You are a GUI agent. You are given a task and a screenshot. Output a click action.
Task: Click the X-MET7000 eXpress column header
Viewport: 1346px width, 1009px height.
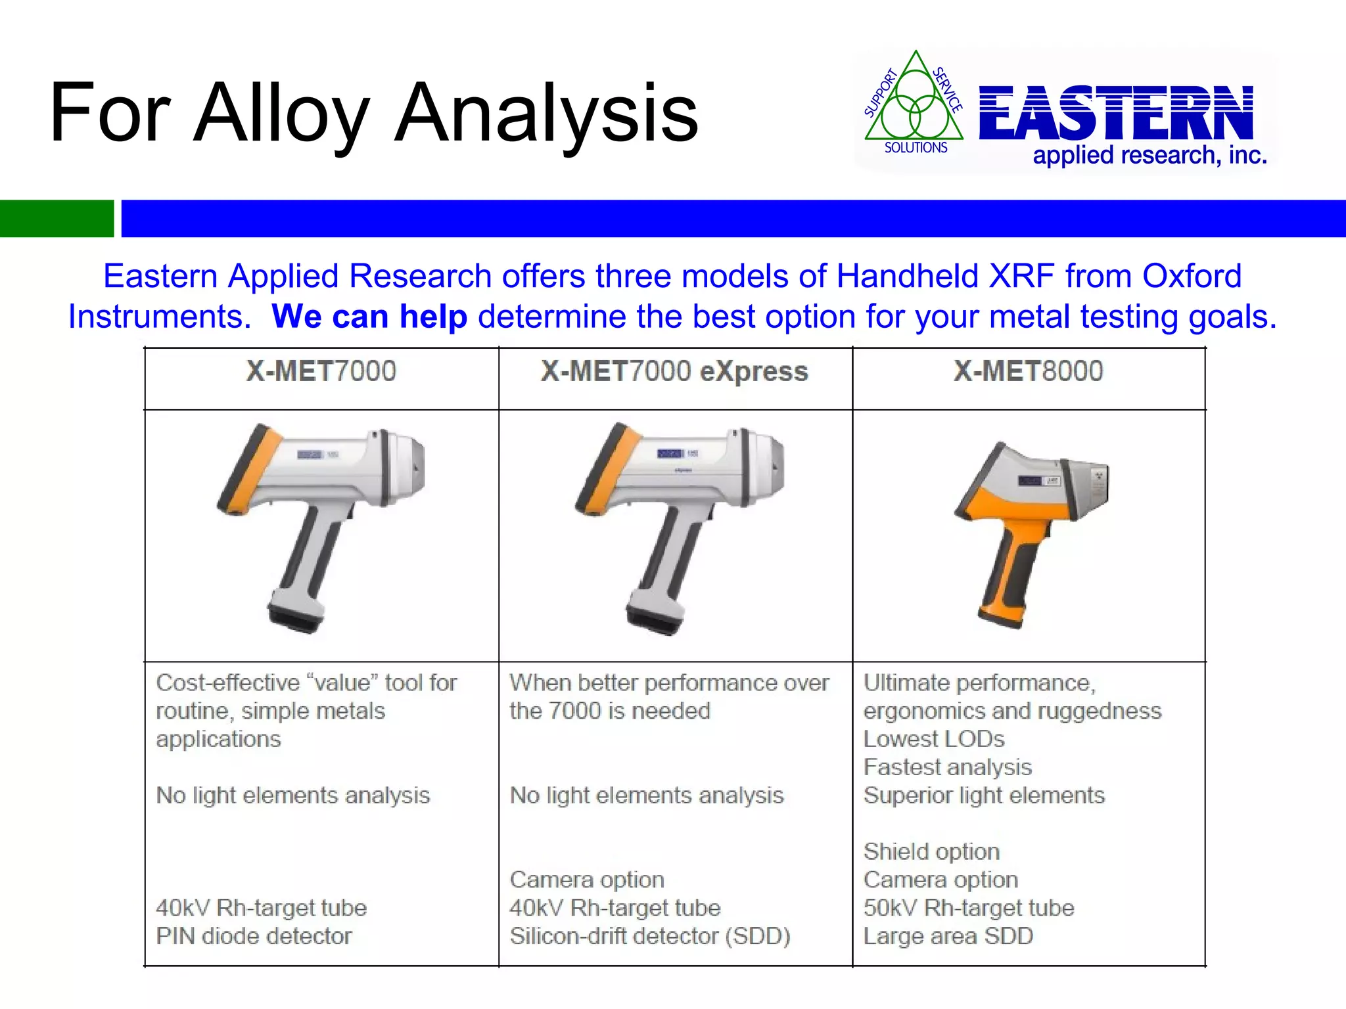pos(674,372)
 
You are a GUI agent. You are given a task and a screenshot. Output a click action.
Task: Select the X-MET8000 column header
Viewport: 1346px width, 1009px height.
pos(1028,372)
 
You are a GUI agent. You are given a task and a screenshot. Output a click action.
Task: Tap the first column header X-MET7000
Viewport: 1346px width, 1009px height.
pos(321,372)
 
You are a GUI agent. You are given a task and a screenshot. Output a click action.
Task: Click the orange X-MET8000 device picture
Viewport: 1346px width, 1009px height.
pos(1029,532)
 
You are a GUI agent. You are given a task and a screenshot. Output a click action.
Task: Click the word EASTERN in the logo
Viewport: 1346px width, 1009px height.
pos(1116,113)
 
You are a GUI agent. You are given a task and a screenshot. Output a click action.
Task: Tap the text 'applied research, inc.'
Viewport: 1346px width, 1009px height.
pos(1149,156)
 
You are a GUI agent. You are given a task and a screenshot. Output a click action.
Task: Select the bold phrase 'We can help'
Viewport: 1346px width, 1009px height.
pos(369,317)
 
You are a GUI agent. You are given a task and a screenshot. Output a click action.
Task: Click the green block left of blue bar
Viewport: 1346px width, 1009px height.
pos(57,218)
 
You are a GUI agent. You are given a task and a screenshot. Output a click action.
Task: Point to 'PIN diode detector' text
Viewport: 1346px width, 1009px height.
pos(254,936)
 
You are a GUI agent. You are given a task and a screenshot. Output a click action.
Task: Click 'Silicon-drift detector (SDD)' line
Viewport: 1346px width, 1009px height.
pos(650,936)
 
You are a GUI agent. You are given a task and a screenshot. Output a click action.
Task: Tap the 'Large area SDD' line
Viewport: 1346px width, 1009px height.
pos(948,936)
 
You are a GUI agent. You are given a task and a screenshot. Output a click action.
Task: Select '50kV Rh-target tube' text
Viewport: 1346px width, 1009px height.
pos(969,908)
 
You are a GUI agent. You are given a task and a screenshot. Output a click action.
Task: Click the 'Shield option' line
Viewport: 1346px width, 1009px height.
pos(931,851)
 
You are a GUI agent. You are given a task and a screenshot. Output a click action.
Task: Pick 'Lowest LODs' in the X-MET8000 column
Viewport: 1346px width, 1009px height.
pos(934,739)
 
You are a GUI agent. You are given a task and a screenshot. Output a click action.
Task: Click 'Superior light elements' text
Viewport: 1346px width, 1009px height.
pos(984,796)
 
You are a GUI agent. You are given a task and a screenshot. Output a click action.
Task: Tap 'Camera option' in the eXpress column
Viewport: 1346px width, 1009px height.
pos(587,880)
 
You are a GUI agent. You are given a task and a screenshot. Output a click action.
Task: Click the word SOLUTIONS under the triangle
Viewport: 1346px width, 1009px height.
pos(916,148)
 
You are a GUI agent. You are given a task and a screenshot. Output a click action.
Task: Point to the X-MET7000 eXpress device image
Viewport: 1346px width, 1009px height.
pos(677,529)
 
